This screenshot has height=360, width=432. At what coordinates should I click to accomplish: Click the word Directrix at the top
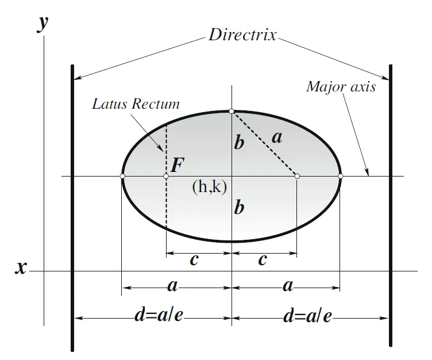click(242, 35)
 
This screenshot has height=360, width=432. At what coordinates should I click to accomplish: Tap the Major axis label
click(341, 87)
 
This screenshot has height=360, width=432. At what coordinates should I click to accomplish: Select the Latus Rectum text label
click(136, 105)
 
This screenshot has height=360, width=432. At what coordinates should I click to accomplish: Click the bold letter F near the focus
click(178, 165)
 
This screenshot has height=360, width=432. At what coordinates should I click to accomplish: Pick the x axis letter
click(21, 267)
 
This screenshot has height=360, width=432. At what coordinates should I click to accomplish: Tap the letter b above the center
click(239, 142)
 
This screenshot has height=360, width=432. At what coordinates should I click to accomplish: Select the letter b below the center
click(239, 207)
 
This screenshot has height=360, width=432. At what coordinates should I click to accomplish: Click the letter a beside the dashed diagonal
click(277, 137)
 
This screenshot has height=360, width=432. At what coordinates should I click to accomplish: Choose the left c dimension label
click(194, 260)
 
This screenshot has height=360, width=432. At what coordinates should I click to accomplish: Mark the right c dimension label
click(263, 260)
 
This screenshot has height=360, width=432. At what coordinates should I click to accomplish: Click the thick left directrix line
click(72, 207)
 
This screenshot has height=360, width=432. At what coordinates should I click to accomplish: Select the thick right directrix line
click(391, 207)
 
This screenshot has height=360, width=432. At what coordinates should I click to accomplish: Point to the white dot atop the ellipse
click(232, 111)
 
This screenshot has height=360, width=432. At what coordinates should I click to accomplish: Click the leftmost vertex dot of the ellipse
click(122, 176)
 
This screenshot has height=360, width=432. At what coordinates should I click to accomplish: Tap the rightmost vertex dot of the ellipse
click(340, 176)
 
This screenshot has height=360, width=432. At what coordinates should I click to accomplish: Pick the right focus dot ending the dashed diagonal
click(297, 176)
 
